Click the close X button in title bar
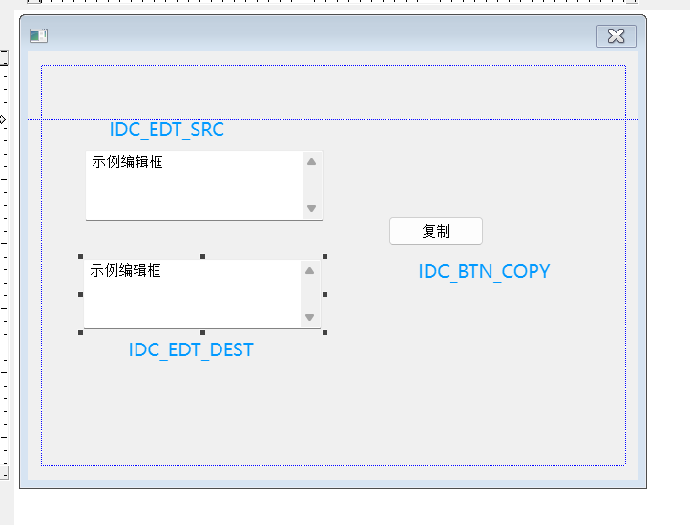tap(616, 36)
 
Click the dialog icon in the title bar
tap(38, 36)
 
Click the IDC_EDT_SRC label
tap(167, 130)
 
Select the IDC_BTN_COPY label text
tap(484, 271)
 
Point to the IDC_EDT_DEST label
tap(191, 349)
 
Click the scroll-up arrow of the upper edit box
tap(311, 161)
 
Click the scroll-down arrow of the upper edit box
tap(311, 208)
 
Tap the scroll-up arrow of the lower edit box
tap(309, 271)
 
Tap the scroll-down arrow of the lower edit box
tap(309, 317)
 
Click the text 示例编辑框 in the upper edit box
tap(127, 162)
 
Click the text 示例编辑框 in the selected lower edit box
tap(125, 271)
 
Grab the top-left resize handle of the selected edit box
tap(80, 257)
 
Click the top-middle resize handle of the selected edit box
tap(202, 257)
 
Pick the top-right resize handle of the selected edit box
tap(324, 257)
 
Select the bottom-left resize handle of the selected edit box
tap(80, 332)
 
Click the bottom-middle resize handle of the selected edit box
tap(202, 332)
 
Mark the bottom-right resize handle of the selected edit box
tap(324, 332)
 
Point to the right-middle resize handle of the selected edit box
tap(324, 294)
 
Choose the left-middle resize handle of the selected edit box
tap(80, 294)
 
